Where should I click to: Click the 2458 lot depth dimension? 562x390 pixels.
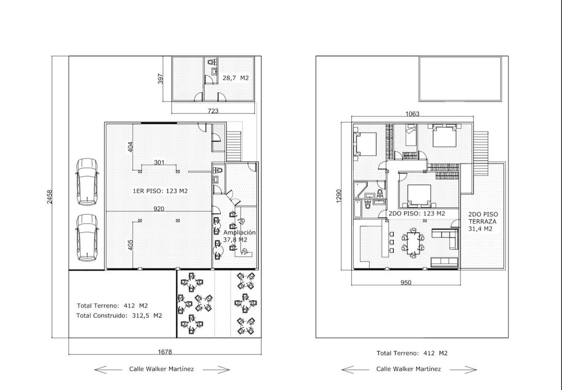pyautogui.click(x=50, y=197)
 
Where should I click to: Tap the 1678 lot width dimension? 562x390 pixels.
pyautogui.click(x=165, y=352)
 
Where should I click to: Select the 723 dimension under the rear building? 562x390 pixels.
pyautogui.click(x=213, y=111)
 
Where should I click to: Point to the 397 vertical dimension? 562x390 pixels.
pyautogui.click(x=161, y=79)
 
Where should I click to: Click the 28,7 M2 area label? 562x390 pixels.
pyautogui.click(x=236, y=78)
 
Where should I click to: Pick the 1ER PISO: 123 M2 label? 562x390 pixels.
pyautogui.click(x=160, y=191)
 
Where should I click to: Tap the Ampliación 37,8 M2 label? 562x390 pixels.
pyautogui.click(x=239, y=236)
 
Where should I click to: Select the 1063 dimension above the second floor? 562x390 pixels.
pyautogui.click(x=412, y=114)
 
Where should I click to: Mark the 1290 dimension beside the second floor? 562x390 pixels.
pyautogui.click(x=339, y=196)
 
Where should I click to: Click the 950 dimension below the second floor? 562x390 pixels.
pyautogui.click(x=406, y=283)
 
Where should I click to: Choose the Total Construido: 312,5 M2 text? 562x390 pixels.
pyautogui.click(x=119, y=316)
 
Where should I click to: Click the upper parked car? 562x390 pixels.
pyautogui.click(x=87, y=182)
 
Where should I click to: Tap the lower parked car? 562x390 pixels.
pyautogui.click(x=87, y=238)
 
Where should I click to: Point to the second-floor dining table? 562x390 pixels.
pyautogui.click(x=413, y=243)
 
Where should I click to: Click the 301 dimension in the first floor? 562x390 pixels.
pyautogui.click(x=159, y=162)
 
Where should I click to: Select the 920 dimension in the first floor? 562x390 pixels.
pyautogui.click(x=159, y=209)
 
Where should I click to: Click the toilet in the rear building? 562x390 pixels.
pyautogui.click(x=212, y=62)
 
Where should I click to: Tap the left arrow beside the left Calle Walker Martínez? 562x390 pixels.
pyautogui.click(x=108, y=370)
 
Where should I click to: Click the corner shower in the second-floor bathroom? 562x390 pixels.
pyautogui.click(x=360, y=190)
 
